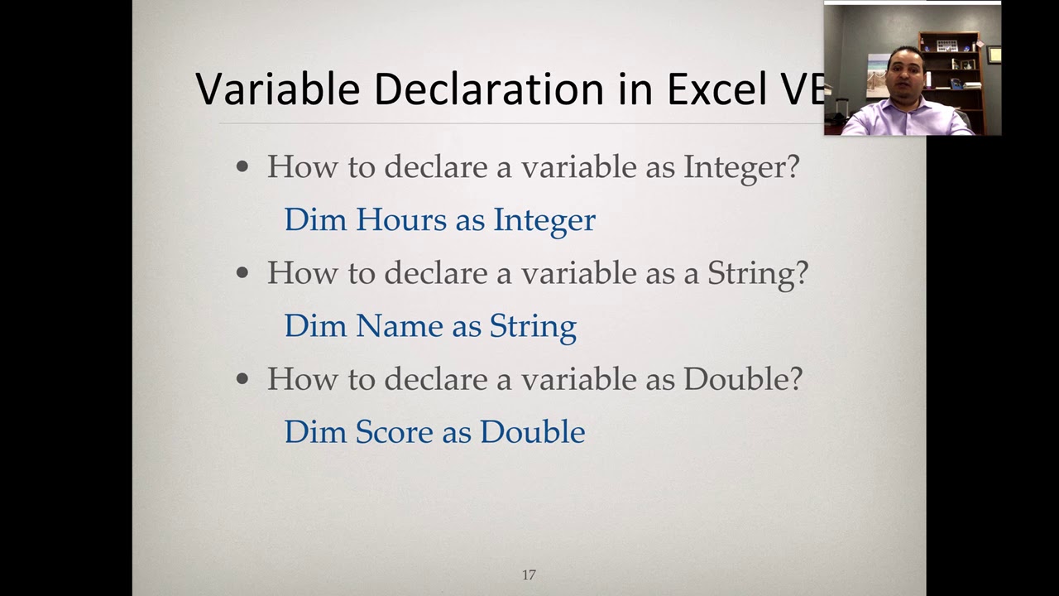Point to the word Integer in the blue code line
pos(544,220)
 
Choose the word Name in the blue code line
pos(392,326)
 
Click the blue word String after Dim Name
pos(533,326)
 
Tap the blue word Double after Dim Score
pos(532,432)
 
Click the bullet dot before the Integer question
pos(242,167)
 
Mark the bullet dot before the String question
pos(242,273)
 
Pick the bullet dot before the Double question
pos(242,379)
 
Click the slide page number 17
pos(529,574)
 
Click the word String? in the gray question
pos(757,273)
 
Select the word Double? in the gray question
pos(743,379)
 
